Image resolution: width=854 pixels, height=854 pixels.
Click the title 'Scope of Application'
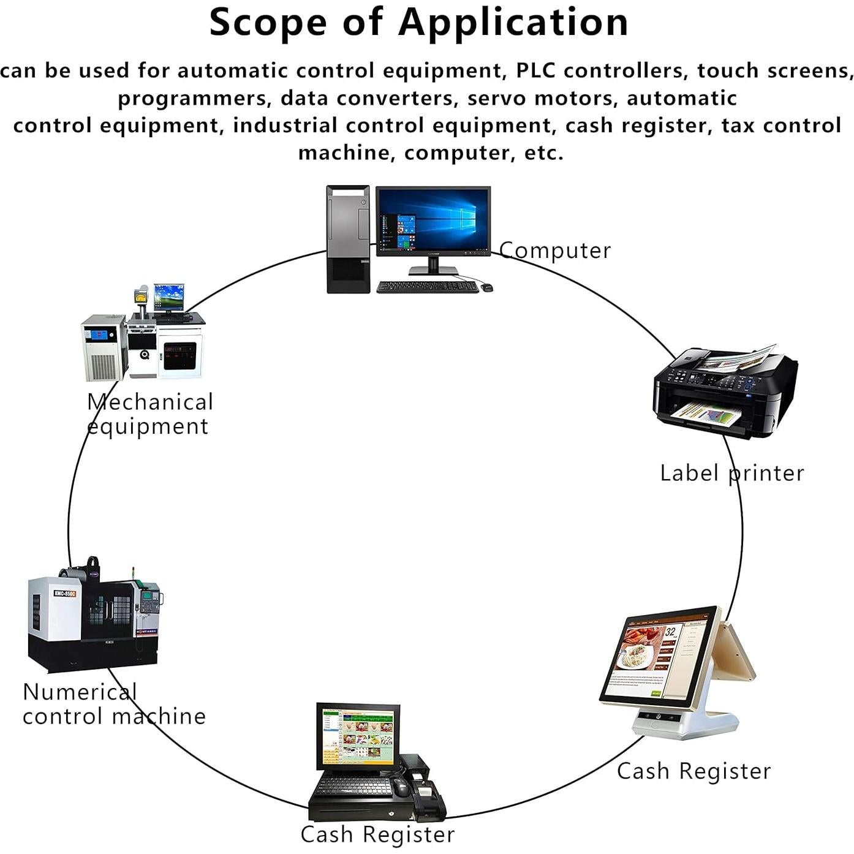tap(419, 22)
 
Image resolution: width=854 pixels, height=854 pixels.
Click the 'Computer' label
tap(555, 251)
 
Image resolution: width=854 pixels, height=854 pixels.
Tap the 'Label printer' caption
tap(731, 473)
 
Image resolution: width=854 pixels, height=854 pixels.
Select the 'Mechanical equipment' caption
tap(149, 414)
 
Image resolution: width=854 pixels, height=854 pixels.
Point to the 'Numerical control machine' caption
tap(114, 704)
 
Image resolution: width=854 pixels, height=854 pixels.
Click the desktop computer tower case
tap(348, 239)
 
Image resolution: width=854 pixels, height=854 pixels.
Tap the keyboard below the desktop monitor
tap(427, 287)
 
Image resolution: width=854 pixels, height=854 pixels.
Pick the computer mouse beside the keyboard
tap(486, 287)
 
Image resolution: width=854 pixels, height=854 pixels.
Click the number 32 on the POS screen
tap(670, 632)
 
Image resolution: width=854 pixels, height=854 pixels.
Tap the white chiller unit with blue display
tap(103, 347)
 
